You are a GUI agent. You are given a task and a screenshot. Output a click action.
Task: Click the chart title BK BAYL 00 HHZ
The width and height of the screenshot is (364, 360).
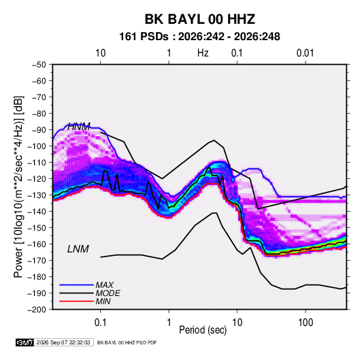coord(200,19)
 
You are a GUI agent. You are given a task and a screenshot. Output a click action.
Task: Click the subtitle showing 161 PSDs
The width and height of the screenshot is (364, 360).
coord(199,37)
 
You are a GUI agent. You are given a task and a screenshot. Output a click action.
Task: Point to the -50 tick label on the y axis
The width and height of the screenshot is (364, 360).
coord(39,65)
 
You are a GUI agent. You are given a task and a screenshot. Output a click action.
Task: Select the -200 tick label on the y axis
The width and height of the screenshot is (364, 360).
coord(37,310)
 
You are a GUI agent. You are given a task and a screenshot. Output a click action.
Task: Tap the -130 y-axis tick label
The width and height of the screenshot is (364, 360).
coord(37,195)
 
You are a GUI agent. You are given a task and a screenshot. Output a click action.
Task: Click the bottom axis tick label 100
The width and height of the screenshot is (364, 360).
coord(305,323)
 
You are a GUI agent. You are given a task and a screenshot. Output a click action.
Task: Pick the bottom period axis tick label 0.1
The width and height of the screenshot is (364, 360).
coord(100,323)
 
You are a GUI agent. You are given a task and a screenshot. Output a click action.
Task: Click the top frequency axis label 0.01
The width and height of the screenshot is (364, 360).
coord(305,53)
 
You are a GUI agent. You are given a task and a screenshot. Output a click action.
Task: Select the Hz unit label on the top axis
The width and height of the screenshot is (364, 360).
coord(203,53)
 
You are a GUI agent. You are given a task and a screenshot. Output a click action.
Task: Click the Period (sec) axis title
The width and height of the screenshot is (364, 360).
coord(203,330)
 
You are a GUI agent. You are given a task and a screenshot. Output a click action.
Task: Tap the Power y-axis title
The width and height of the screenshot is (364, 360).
coord(18,187)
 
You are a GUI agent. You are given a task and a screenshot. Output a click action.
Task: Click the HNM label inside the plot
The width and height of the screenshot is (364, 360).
coord(79,127)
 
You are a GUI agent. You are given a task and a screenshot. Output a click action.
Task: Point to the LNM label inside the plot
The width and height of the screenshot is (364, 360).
coord(78,249)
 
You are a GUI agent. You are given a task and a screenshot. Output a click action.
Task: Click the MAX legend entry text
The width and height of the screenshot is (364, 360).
coord(105,285)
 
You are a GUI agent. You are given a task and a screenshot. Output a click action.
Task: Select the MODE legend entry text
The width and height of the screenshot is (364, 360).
coord(108,293)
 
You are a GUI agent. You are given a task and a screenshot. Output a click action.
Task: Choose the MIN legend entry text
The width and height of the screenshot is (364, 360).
coord(103,301)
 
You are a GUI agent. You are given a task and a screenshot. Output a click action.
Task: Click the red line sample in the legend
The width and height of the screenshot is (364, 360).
coord(76,301)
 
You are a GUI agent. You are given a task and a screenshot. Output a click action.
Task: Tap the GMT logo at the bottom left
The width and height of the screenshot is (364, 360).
coord(25,342)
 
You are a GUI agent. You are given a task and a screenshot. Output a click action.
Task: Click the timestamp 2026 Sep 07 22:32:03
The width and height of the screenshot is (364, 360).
coord(63,342)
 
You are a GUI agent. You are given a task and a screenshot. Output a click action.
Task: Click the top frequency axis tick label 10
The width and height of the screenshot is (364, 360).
coord(101,53)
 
